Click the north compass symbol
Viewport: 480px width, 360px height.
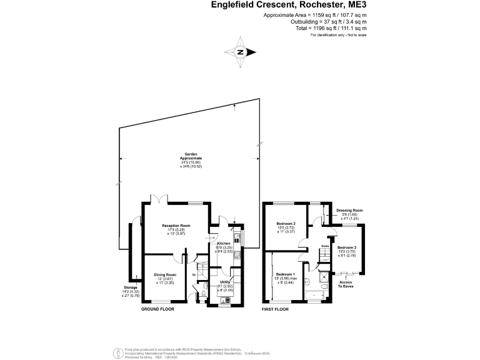(x=240, y=52)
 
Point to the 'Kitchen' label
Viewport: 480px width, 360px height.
(x=224, y=243)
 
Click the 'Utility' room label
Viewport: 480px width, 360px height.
(x=224, y=282)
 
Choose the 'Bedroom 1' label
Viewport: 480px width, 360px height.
(x=286, y=274)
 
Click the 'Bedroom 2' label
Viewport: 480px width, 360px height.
(x=286, y=224)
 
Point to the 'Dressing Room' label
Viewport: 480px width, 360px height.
(x=349, y=211)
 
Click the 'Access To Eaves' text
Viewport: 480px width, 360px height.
(x=345, y=284)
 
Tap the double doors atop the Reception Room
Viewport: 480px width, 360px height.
(x=161, y=199)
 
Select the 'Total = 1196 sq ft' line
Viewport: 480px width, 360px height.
(x=331, y=28)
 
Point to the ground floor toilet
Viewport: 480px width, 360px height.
(x=205, y=294)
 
